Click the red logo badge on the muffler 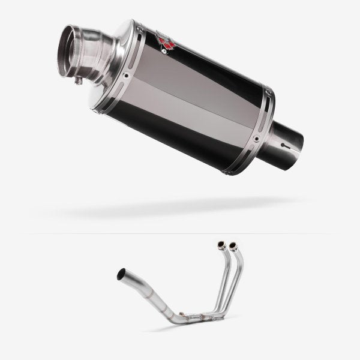click(x=164, y=40)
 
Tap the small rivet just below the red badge click(x=170, y=52)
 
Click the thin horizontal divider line click(x=180, y=233)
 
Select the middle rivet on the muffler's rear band click(x=256, y=139)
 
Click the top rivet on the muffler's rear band click(x=268, y=93)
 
